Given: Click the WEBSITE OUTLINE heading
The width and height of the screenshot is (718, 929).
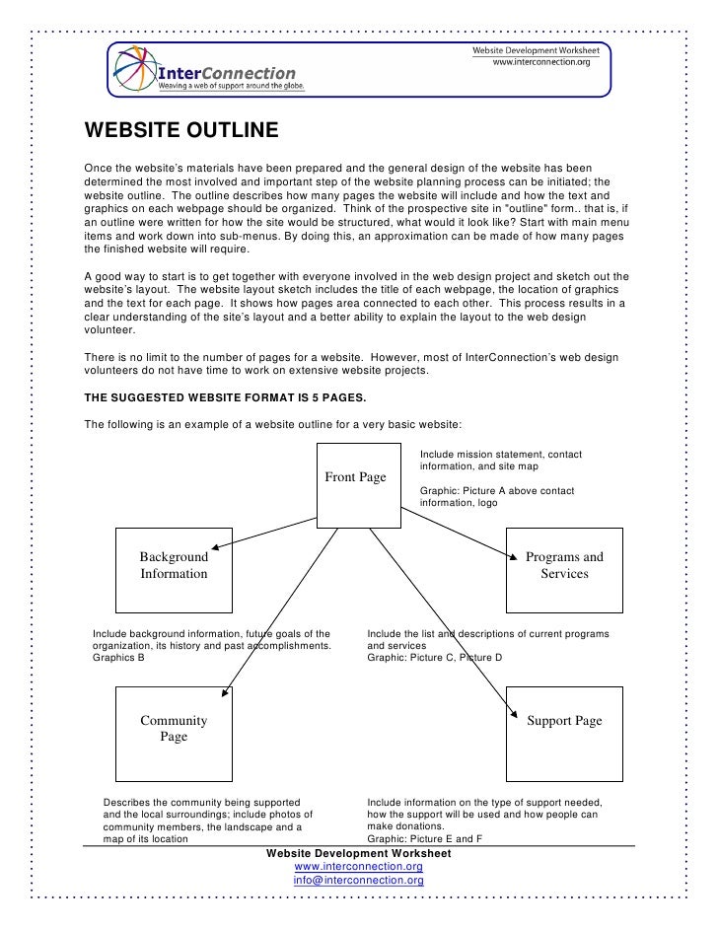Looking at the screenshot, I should (182, 132).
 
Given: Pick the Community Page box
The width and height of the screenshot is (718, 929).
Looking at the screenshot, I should (174, 729).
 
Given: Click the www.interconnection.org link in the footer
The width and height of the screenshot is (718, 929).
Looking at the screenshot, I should (358, 866).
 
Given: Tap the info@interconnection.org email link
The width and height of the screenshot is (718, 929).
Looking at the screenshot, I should (358, 879).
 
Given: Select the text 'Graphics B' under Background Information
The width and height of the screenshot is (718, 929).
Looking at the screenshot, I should (116, 657).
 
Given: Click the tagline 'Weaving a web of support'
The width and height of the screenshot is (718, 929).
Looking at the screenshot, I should (232, 86).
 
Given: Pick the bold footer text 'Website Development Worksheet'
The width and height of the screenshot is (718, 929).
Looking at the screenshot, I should (358, 852).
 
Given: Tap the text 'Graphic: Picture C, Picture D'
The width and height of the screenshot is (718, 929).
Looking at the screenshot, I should (434, 657).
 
